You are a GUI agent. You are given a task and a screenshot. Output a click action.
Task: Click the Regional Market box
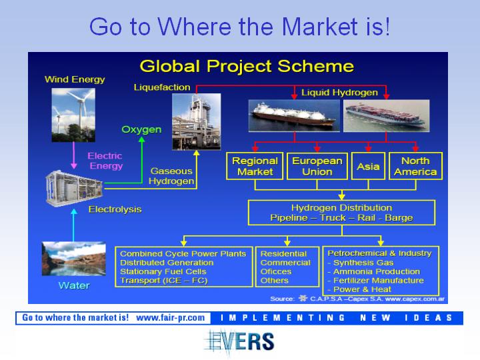[x=255, y=166]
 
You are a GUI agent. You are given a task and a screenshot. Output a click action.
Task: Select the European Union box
[x=317, y=166]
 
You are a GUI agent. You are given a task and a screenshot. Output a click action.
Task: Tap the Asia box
[x=368, y=166]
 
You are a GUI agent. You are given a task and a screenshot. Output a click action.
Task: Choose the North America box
[x=415, y=166]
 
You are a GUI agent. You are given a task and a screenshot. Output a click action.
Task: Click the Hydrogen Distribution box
[x=341, y=213]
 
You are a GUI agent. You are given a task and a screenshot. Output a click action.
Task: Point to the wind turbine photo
[x=73, y=115]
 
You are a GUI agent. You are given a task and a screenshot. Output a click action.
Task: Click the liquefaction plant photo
[x=196, y=121]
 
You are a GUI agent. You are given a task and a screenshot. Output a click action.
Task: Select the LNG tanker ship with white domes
[x=294, y=116]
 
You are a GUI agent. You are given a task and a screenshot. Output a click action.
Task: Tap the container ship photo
[x=386, y=116]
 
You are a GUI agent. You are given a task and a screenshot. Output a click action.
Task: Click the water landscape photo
[x=74, y=259]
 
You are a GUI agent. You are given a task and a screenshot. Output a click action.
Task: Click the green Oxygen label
[x=141, y=129]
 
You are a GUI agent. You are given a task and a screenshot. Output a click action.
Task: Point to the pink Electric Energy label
[x=105, y=161]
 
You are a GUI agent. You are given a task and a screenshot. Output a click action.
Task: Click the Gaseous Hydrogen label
[x=171, y=176]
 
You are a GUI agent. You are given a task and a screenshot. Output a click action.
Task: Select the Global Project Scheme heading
[x=247, y=66]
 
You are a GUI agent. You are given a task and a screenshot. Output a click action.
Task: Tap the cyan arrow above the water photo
[x=74, y=225]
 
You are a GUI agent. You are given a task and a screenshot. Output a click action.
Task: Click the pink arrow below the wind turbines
[x=74, y=155]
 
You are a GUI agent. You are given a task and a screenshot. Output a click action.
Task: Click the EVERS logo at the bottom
[x=239, y=342]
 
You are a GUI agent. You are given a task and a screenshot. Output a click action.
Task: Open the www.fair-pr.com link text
[x=170, y=318]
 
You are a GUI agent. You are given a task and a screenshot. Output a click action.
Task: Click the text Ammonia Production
[x=377, y=271]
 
